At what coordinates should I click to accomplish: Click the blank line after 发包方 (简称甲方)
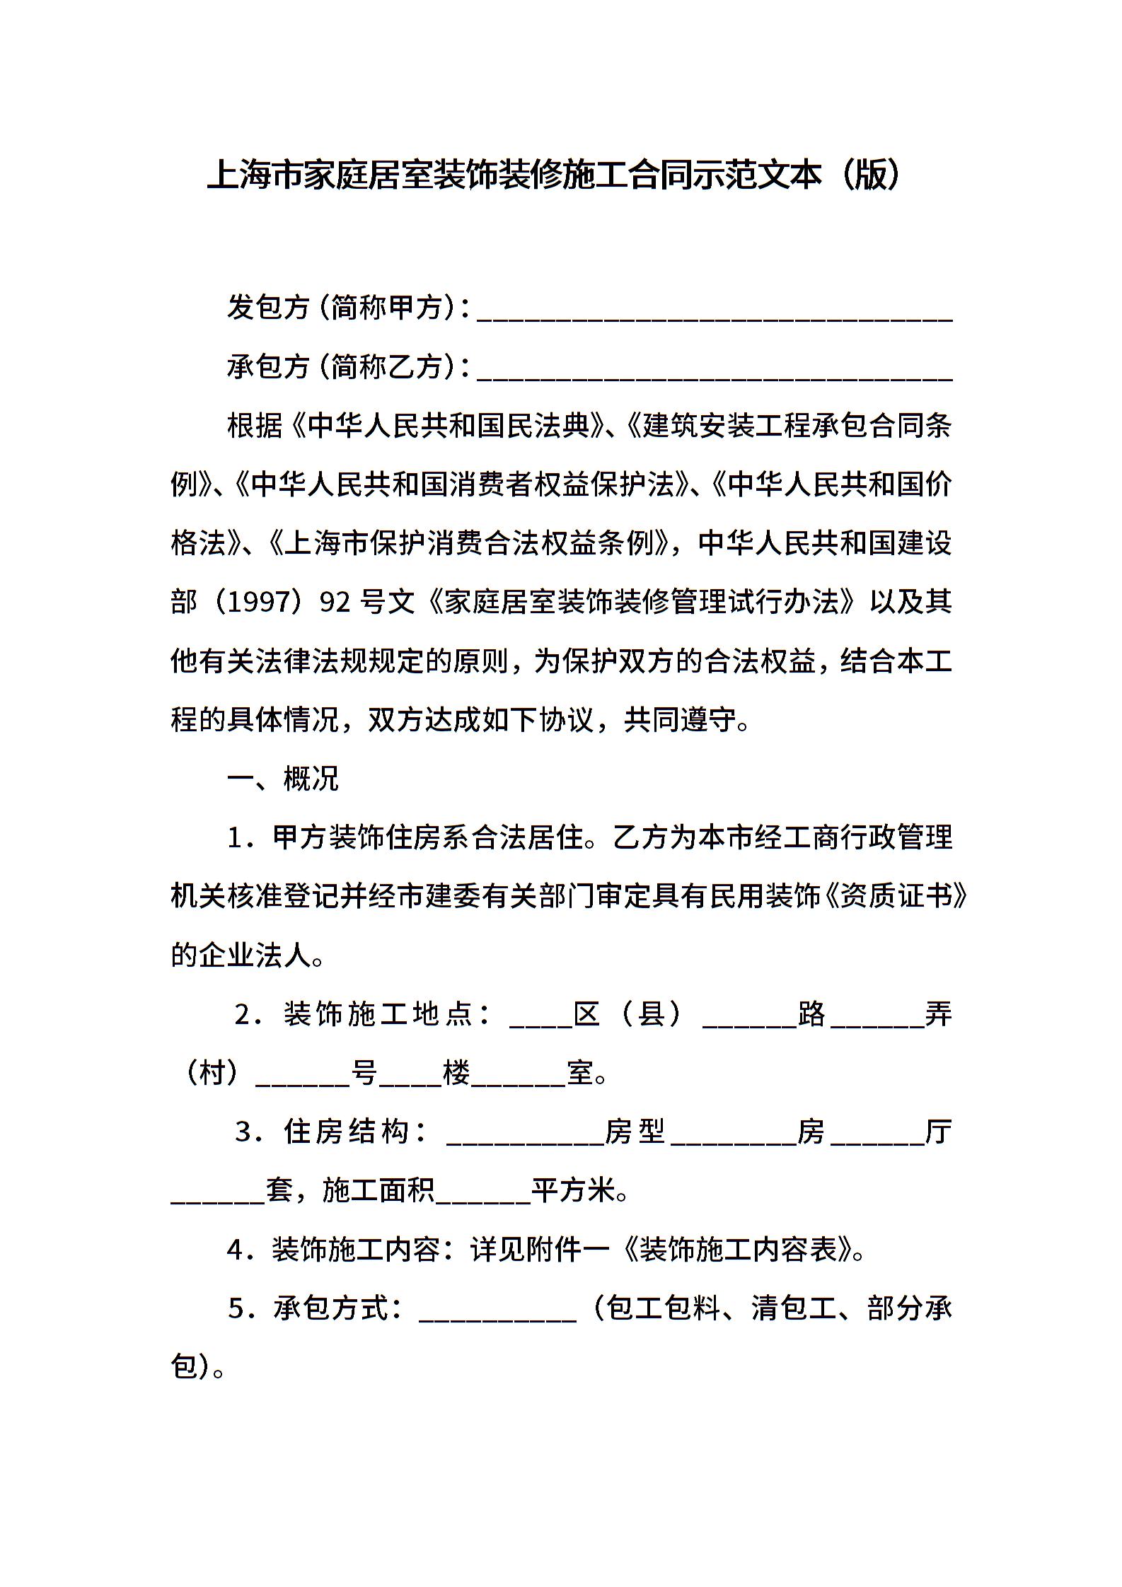pos(715,311)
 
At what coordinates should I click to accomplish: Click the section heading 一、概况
pos(282,779)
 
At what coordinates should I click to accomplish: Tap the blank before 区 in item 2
pos(540,1016)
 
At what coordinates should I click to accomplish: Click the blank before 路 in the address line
pos(749,1016)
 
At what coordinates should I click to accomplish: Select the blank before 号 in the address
pos(303,1076)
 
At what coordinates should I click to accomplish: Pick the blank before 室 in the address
pos(518,1076)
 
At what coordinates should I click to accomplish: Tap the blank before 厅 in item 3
pos(877,1134)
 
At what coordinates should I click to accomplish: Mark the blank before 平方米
pos(483,1193)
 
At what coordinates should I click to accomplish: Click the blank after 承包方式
pos(498,1311)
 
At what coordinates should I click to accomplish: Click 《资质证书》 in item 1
pos(894,897)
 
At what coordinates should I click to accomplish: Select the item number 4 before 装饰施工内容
pos(235,1251)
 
